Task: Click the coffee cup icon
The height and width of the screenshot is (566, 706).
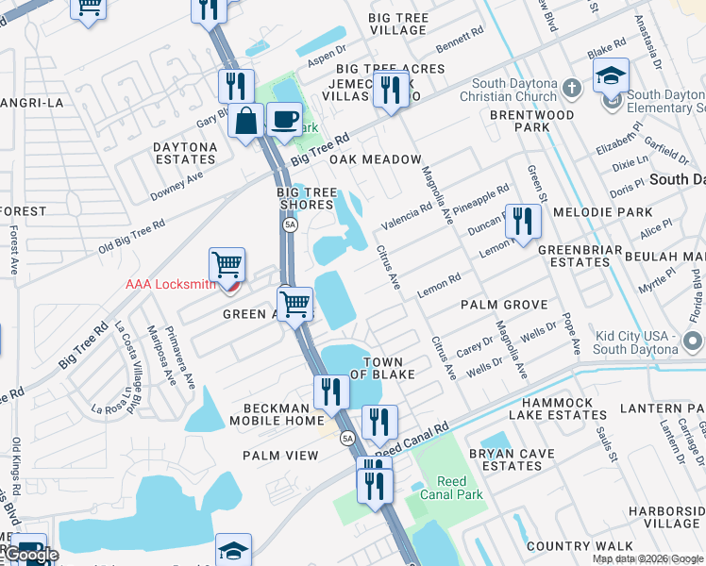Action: point(284,120)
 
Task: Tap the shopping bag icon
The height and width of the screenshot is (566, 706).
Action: point(246,122)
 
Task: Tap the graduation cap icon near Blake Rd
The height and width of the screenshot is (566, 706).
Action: point(611,75)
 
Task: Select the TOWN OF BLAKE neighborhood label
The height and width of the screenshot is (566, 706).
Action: point(383,368)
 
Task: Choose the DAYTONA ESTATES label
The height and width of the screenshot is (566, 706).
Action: point(185,153)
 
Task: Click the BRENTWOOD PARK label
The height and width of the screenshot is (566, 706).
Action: point(531,121)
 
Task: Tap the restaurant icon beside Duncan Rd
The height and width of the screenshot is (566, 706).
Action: point(522,222)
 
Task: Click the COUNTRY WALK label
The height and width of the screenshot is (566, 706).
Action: point(566,546)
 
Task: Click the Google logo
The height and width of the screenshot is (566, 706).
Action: point(29,555)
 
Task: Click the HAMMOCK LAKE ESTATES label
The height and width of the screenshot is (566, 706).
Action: point(551,408)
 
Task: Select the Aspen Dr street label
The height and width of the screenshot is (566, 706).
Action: point(328,50)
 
